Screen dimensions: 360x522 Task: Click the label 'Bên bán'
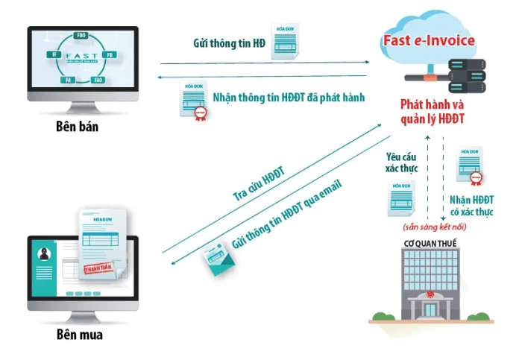pos(77,127)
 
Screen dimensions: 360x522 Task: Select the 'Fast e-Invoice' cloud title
pos(428,40)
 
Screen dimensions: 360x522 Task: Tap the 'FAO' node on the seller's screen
pos(97,79)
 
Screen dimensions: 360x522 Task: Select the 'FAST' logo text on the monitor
pos(82,56)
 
